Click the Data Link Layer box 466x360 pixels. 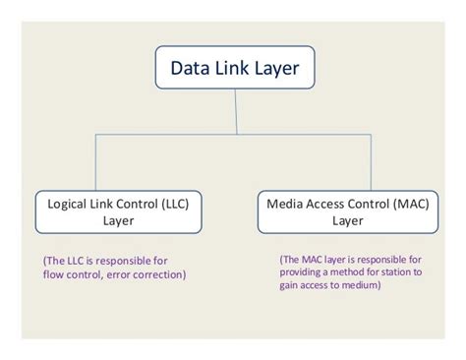click(234, 70)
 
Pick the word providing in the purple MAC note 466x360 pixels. click(304, 272)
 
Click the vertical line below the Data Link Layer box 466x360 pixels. click(234, 112)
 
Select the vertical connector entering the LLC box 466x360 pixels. click(94, 161)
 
